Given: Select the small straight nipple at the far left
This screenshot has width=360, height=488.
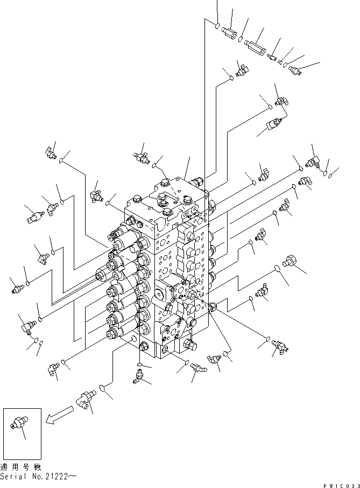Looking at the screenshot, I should (x=17, y=289).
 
